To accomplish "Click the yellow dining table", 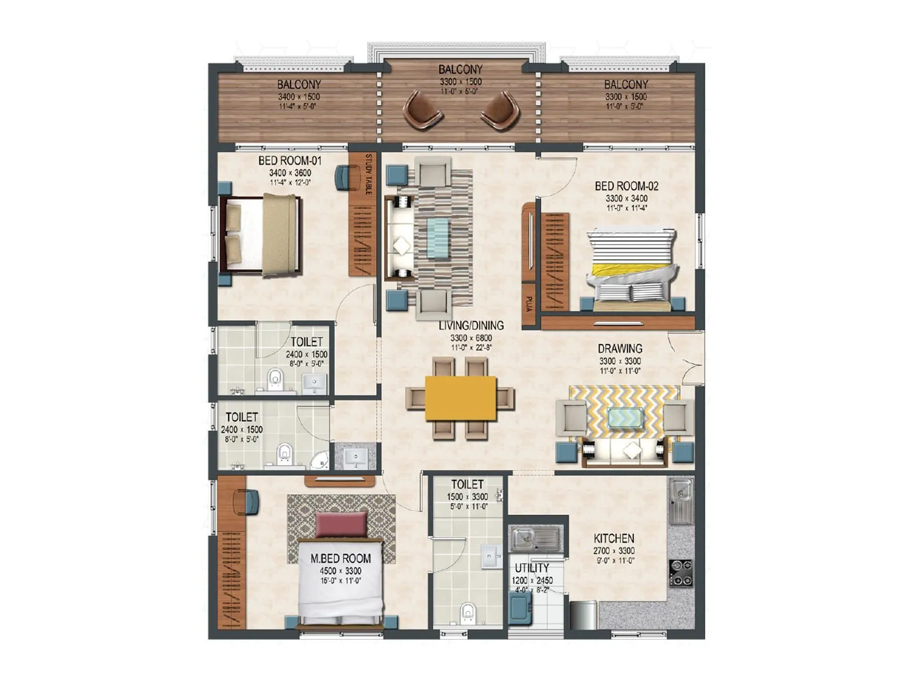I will pos(461,398).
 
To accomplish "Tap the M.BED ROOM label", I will pos(340,559).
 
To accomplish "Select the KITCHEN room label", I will pos(614,538).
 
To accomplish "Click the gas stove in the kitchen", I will pos(681,573).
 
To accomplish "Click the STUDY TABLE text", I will pos(368,174).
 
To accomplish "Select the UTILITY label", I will pos(532,568).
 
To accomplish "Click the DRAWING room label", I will pos(620,348).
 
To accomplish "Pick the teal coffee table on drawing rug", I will pos(626,418).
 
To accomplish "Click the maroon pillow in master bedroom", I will pos(341,524).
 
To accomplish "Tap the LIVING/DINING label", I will pos(471,325).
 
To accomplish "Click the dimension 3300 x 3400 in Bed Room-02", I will pos(626,198).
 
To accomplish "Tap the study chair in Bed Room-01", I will pos(343,177).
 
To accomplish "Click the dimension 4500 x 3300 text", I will pos(340,571).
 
